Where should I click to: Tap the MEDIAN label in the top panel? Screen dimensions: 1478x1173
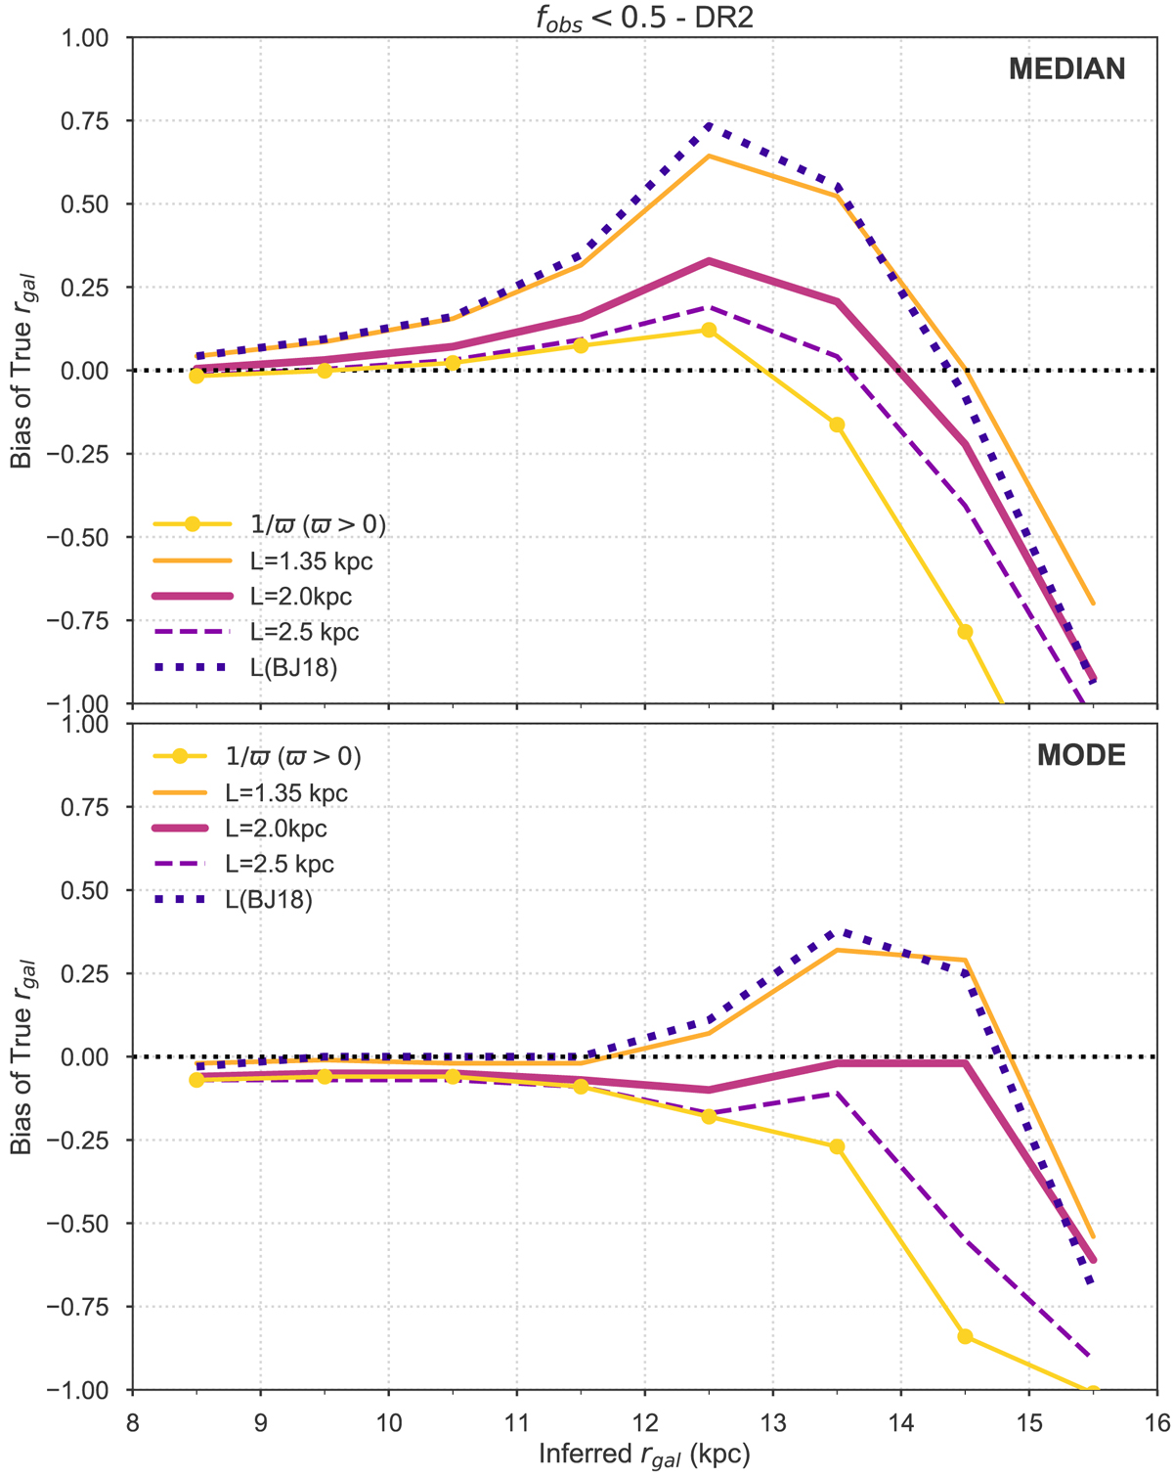pyautogui.click(x=1067, y=69)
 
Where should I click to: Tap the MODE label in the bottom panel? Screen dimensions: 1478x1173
pyautogui.click(x=1081, y=755)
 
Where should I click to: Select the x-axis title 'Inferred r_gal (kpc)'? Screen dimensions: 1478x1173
pyautogui.click(x=644, y=1455)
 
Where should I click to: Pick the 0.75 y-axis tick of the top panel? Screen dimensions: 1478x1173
pyautogui.click(x=96, y=121)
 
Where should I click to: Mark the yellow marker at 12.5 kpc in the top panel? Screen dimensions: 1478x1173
pyautogui.click(x=709, y=331)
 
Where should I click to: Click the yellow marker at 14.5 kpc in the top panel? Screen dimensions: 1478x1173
pyautogui.click(x=965, y=632)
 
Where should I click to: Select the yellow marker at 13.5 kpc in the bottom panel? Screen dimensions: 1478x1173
pyautogui.click(x=837, y=1146)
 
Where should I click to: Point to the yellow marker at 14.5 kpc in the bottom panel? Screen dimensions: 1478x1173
pyautogui.click(x=965, y=1336)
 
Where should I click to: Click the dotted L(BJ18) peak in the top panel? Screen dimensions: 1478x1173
pyautogui.click(x=709, y=125)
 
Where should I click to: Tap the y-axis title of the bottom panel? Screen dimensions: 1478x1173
pyautogui.click(x=22, y=1056)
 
